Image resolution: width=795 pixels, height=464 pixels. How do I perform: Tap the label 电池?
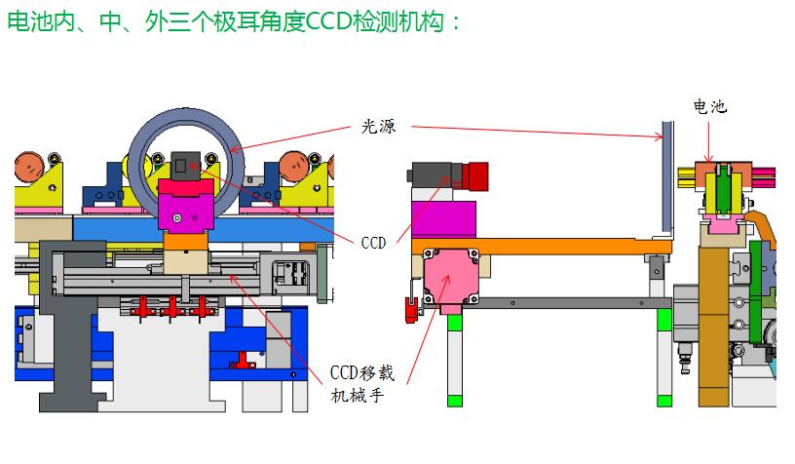[709, 106]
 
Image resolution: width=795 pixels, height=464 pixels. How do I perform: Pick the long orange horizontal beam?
[546, 245]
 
